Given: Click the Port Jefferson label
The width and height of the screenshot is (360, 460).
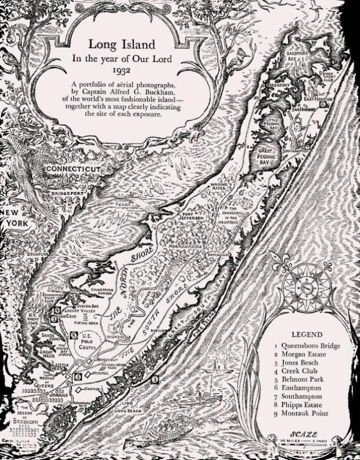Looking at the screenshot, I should (194, 216).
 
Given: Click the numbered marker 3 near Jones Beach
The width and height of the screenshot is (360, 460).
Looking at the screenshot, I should (154, 379).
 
